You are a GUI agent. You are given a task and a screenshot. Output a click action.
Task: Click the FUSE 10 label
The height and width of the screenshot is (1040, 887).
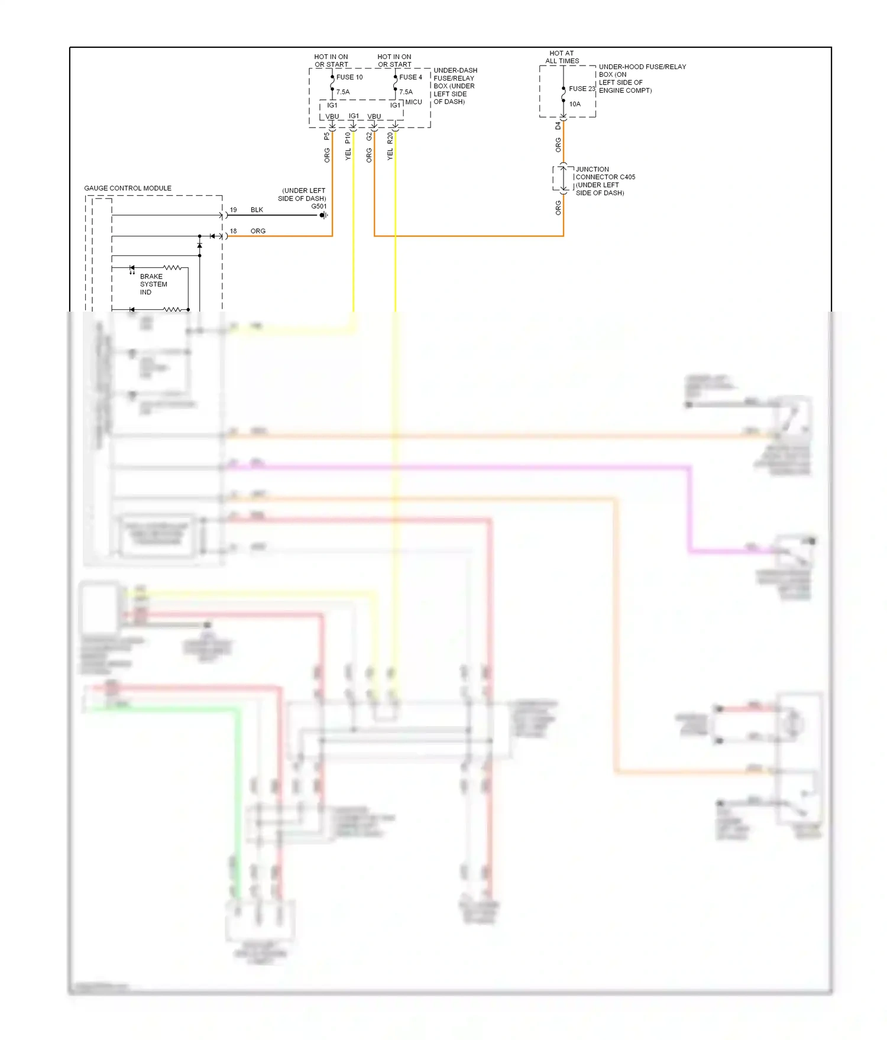349,77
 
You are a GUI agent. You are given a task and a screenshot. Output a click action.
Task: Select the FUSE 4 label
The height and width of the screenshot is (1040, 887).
410,77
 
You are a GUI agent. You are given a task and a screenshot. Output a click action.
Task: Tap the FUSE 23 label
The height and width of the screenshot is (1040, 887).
582,89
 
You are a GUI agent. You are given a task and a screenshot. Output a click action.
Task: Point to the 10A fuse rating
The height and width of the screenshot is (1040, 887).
575,104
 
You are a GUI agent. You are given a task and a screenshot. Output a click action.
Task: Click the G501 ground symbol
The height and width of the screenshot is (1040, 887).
323,215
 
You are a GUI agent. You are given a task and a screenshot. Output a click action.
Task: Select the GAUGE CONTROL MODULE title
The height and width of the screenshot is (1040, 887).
128,188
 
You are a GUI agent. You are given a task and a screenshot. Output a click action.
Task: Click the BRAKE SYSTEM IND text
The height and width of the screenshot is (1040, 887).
153,284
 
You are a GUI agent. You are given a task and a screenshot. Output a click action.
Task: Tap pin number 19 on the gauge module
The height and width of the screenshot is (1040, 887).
233,210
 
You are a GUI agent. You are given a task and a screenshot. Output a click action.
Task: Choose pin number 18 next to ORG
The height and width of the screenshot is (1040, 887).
233,231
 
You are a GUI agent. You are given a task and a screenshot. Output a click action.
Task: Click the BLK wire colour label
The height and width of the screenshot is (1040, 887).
257,210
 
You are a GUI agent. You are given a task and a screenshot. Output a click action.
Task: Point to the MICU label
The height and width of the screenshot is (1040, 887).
413,102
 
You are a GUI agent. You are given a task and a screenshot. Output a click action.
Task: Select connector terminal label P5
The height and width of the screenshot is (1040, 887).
326,137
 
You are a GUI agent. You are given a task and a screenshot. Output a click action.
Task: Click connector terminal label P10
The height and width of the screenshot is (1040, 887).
348,138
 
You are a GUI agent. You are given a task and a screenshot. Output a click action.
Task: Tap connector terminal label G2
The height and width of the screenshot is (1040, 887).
369,137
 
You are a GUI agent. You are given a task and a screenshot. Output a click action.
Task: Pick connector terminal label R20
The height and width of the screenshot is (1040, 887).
390,138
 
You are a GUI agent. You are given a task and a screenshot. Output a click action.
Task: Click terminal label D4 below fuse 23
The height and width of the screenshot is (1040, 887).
558,126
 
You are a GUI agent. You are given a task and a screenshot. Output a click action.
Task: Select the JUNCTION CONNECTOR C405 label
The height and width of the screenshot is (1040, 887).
605,173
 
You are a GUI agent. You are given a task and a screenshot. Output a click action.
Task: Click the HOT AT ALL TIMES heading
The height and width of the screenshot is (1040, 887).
562,57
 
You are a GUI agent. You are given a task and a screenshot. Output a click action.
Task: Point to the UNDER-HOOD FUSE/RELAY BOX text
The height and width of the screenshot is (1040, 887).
642,71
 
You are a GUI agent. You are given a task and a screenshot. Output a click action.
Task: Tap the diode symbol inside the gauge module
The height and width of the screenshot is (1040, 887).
200,245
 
